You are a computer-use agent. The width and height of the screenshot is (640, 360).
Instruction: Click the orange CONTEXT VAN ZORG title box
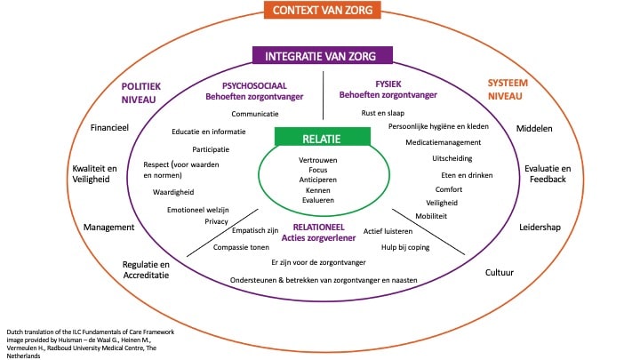pyautogui.click(x=323, y=11)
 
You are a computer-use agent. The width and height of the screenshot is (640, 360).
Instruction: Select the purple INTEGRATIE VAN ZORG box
pyautogui.click(x=323, y=56)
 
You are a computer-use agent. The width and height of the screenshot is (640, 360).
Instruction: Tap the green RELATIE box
pyautogui.click(x=323, y=137)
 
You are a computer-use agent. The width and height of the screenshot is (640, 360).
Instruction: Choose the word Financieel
pyautogui.click(x=110, y=128)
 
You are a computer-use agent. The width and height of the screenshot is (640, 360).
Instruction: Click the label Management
pyautogui.click(x=108, y=227)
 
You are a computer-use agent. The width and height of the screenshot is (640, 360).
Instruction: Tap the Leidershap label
pyautogui.click(x=540, y=227)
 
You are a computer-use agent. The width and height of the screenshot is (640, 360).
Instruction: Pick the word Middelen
pyautogui.click(x=534, y=128)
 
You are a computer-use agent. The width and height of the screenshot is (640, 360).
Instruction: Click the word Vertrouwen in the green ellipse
pyautogui.click(x=322, y=159)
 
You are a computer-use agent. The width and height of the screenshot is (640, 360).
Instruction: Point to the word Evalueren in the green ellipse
pyautogui.click(x=322, y=202)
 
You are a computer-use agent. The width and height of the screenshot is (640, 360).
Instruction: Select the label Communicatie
pyautogui.click(x=255, y=115)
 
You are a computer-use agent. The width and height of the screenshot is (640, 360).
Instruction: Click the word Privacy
pyautogui.click(x=216, y=221)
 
